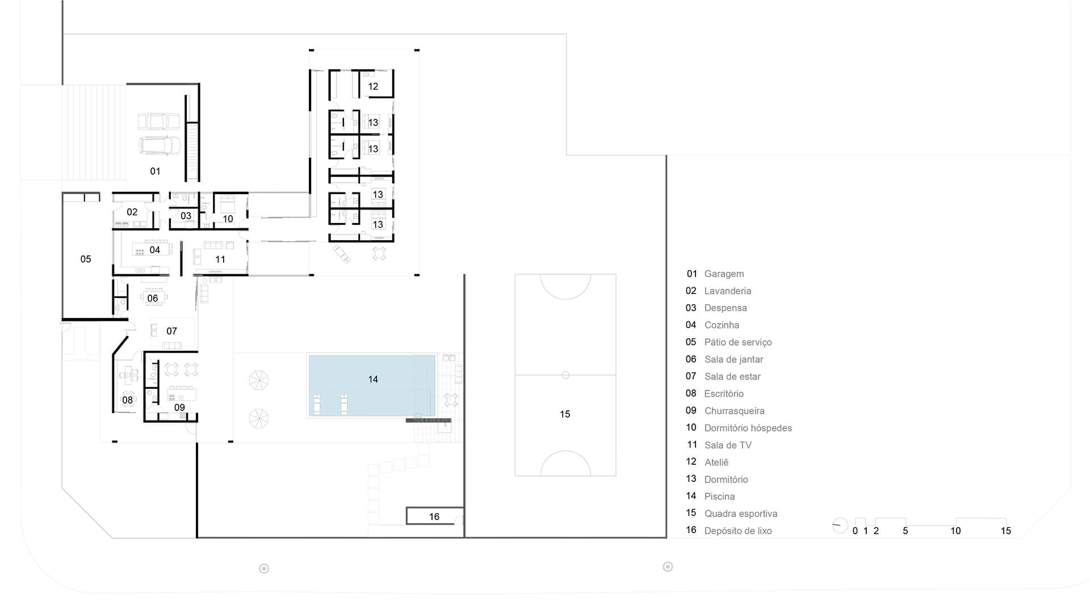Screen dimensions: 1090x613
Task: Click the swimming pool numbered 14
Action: [372, 385]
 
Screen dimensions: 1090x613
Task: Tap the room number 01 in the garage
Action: [155, 171]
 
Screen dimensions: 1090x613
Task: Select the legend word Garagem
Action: [724, 274]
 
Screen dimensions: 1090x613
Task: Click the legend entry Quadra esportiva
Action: [741, 514]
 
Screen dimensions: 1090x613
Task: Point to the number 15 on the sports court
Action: [565, 414]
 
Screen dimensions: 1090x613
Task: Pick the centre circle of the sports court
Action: [565, 375]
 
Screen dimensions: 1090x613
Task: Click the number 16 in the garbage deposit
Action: [434, 517]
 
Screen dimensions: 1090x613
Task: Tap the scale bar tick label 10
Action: [955, 531]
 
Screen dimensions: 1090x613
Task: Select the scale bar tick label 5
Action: [905, 531]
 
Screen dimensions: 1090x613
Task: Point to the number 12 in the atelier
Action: [373, 86]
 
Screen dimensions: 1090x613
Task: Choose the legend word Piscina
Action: [719, 497]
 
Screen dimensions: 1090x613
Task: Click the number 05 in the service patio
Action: [85, 259]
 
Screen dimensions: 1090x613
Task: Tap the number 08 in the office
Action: [127, 400]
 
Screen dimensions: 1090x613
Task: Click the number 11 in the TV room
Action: [220, 259]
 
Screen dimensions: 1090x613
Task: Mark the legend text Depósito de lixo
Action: [738, 531]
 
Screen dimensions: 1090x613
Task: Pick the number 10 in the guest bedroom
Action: [228, 219]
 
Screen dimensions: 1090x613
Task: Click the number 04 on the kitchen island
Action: [154, 250]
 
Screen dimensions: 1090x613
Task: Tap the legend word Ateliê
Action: [716, 463]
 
